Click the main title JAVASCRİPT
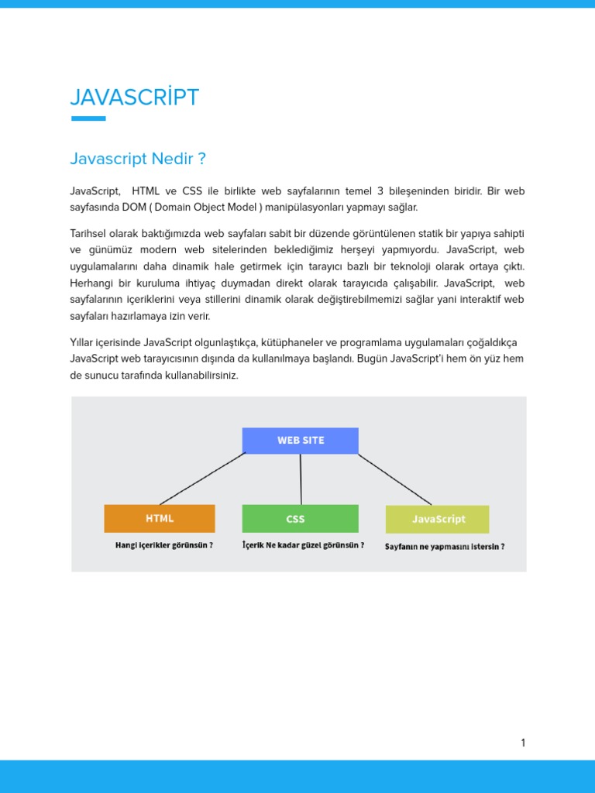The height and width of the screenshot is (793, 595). click(x=134, y=98)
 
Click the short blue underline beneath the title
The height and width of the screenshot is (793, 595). click(x=88, y=118)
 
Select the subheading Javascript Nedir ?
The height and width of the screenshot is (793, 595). click(x=138, y=159)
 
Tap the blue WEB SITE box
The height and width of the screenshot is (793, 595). click(x=301, y=441)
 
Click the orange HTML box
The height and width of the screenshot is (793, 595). click(x=160, y=519)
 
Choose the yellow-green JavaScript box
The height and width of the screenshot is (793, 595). click(x=438, y=519)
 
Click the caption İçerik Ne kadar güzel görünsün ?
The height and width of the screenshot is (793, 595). click(x=303, y=545)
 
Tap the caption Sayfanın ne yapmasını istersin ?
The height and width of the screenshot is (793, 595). click(x=445, y=546)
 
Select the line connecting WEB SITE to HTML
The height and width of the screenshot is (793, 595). click(x=203, y=479)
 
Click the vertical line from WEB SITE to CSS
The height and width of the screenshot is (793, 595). click(x=301, y=479)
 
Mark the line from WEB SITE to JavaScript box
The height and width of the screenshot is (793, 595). click(x=394, y=479)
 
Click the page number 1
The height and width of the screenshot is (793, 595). click(x=523, y=743)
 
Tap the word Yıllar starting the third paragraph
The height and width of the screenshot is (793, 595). click(x=83, y=342)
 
